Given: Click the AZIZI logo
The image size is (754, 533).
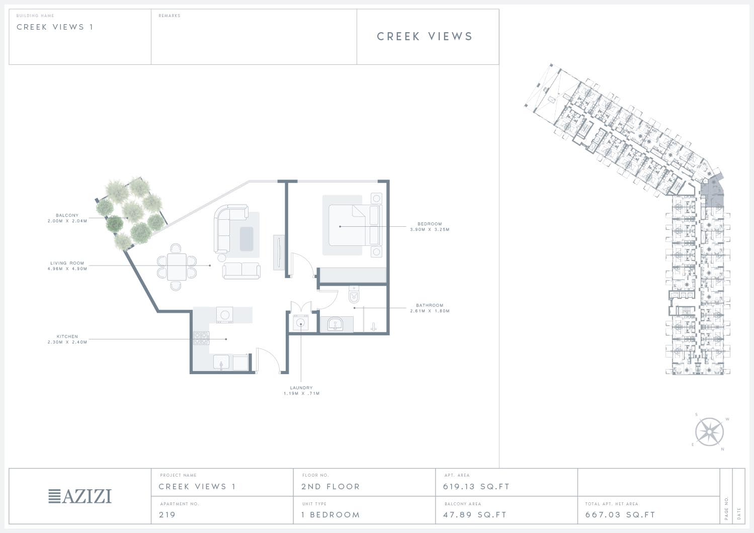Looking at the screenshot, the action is coord(80,496).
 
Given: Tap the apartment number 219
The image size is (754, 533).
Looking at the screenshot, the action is coord(167,515).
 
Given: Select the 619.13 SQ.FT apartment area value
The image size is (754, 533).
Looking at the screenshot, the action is coord(476,487).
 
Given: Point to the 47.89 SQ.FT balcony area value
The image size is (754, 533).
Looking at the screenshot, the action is coord(475,515).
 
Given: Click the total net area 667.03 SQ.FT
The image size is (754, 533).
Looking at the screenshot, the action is coord(620,515).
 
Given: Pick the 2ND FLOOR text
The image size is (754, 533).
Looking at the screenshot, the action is coord(330,487).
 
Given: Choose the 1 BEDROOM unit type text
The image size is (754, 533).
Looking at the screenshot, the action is coord(330,515).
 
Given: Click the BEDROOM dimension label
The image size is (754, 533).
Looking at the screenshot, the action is coord(430,226).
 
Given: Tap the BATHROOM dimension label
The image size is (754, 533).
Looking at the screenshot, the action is coord(430,308).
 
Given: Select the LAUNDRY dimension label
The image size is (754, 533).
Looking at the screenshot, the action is coord(301,390).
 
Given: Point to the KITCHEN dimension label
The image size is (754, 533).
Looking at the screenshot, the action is coord(67,339).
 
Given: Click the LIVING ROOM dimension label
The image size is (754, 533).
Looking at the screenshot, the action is coord(67,266).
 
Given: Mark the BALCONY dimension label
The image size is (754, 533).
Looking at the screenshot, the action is coord(67,218).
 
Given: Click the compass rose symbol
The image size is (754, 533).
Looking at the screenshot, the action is coord(710,432).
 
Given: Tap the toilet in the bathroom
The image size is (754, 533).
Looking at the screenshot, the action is coord(354,295).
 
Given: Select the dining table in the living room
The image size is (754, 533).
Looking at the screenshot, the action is coord(177,267).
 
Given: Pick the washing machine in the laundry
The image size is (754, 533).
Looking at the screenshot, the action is coord(300,323).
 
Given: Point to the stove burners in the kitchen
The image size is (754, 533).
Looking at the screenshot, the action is coord(201,338).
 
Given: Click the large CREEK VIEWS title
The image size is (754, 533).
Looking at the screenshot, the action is coord(425,36).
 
